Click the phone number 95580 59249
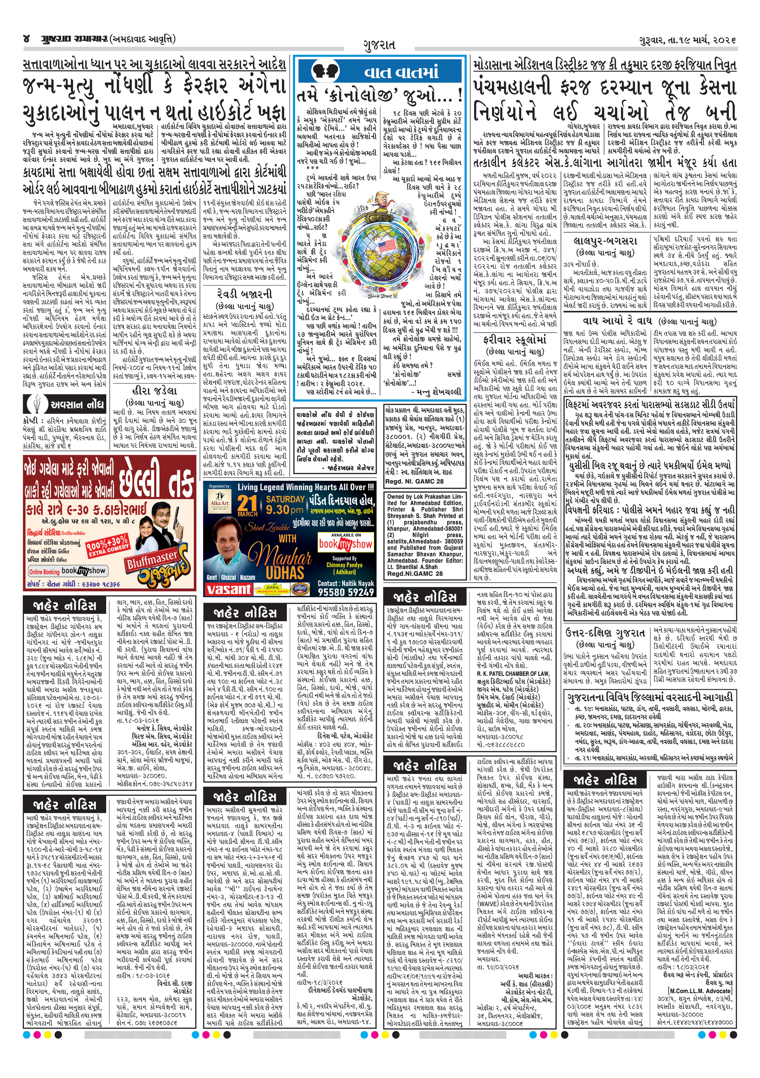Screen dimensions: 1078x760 346,592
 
